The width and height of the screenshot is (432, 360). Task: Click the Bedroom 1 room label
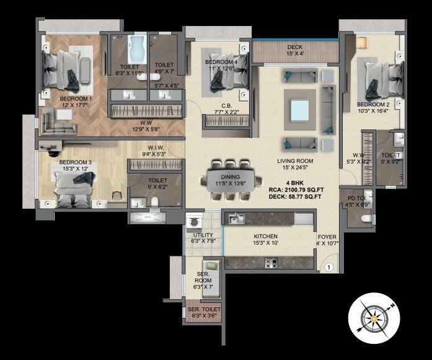(76, 98)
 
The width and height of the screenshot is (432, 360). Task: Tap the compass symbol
(371, 317)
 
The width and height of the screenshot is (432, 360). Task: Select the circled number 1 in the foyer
(329, 268)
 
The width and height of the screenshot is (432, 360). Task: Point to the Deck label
(295, 47)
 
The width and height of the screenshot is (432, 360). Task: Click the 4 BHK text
(294, 183)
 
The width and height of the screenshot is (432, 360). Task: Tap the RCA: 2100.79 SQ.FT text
(294, 190)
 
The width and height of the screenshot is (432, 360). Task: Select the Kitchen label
(265, 236)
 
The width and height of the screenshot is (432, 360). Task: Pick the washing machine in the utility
(193, 221)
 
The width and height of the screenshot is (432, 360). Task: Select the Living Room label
(294, 160)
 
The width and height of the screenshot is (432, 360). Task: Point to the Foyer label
(328, 237)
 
